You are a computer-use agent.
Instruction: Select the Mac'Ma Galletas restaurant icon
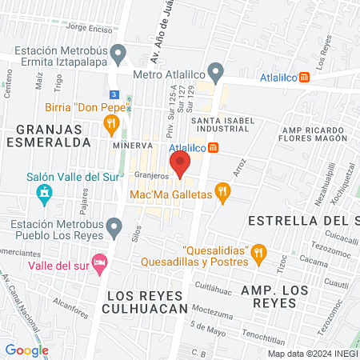pos(222,192)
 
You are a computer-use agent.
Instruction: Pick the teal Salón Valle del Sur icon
pos(44,193)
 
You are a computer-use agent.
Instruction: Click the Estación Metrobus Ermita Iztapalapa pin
pos(119,56)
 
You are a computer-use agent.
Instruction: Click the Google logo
pos(26,350)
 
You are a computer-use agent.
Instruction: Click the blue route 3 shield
pos(114,94)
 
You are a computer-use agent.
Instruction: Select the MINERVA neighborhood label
pos(133,146)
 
